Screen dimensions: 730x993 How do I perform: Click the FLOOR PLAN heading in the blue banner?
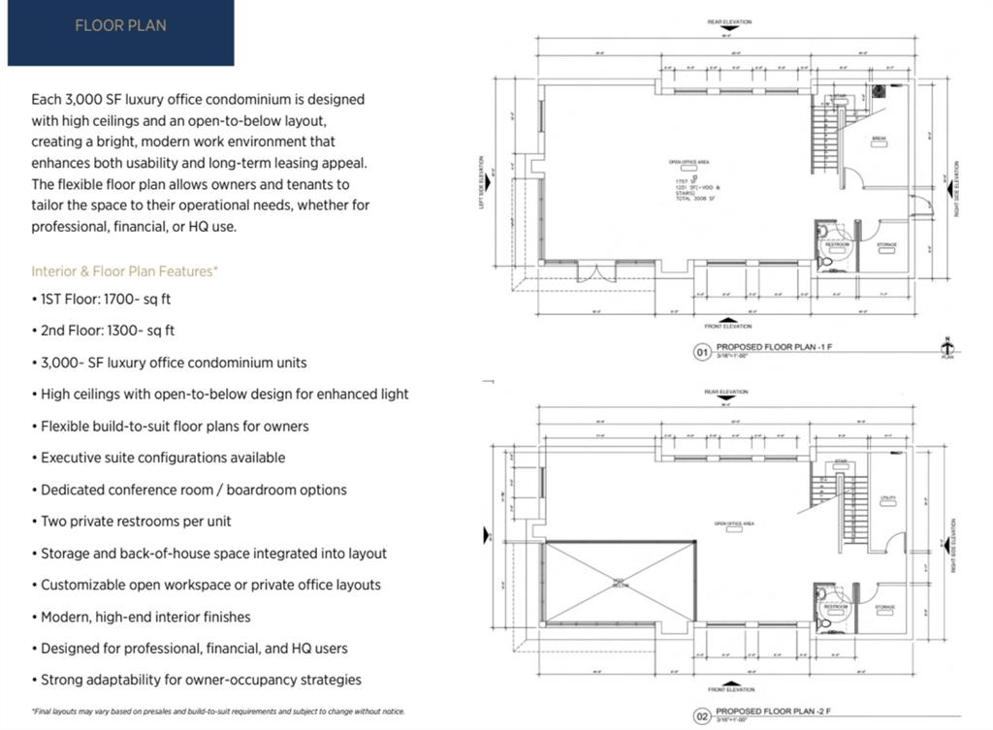point(120,25)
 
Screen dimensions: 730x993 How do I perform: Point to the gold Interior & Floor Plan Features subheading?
point(124,270)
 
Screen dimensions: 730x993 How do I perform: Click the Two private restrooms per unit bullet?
point(136,522)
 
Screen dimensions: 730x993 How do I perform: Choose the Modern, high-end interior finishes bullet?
point(145,617)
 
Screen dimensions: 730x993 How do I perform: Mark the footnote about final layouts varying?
point(218,712)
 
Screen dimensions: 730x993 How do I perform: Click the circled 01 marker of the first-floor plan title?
point(702,352)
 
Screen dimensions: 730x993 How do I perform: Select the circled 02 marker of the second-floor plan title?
point(702,717)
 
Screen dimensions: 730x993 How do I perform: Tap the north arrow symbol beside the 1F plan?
point(947,347)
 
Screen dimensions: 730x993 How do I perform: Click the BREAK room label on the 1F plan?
point(880,139)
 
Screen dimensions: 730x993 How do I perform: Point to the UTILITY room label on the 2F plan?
point(887,499)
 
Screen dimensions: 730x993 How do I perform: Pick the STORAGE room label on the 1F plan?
point(886,245)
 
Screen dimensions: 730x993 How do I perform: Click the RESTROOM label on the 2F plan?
point(836,607)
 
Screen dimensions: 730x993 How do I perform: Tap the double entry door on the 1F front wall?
point(595,270)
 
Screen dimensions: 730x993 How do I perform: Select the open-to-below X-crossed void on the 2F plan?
point(620,582)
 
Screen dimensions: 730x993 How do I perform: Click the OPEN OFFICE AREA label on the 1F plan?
point(689,162)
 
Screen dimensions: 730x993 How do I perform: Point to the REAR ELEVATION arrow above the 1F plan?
point(729,27)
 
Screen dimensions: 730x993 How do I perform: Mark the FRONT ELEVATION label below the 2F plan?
point(730,689)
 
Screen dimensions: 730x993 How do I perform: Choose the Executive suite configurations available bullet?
point(163,458)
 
